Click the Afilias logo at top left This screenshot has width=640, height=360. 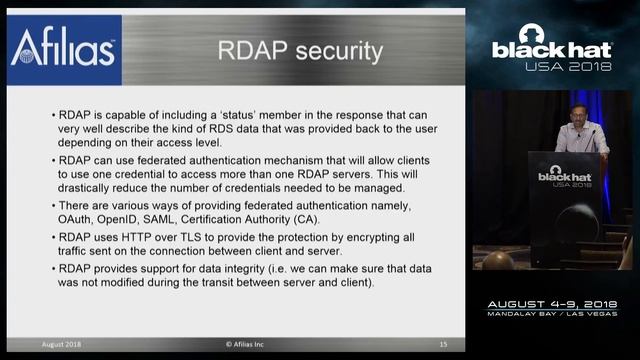[x=62, y=49]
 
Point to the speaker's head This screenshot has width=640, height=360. [x=581, y=110]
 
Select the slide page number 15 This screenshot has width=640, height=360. [x=443, y=344]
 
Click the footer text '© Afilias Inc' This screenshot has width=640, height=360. [x=250, y=344]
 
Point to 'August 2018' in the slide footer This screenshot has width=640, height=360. [x=62, y=344]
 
